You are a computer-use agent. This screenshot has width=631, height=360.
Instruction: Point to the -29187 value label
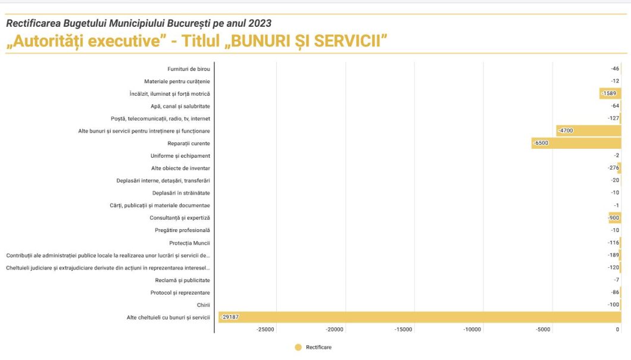230,317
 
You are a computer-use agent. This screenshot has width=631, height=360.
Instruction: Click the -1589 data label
609,93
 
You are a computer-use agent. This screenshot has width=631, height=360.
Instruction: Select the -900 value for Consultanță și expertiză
613,218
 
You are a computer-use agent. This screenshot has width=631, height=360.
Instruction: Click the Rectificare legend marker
298,347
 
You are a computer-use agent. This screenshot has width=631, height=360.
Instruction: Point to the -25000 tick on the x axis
265,329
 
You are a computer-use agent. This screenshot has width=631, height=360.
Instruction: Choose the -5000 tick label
543,329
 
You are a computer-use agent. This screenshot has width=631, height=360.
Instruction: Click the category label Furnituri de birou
188,69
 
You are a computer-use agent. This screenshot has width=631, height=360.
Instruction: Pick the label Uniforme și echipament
180,156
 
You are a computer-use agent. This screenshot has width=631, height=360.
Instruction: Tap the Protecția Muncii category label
189,243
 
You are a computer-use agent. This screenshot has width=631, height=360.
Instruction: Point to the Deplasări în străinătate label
181,193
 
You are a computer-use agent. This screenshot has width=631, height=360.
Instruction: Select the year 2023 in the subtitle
259,23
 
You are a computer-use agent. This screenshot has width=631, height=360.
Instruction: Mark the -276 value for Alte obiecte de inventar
613,168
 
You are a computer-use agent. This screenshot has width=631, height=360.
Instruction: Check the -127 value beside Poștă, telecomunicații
613,118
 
